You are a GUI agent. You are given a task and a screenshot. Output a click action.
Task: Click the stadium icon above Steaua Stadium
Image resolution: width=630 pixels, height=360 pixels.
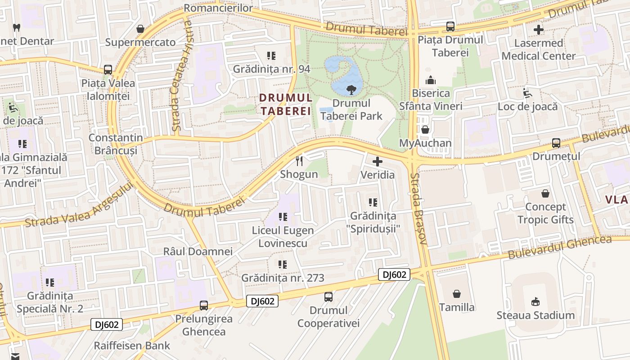[x=535, y=301]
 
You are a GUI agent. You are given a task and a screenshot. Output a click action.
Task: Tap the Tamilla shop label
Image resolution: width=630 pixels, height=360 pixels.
[x=457, y=307]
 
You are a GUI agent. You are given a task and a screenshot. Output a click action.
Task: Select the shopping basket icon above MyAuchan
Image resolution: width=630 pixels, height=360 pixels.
[x=425, y=130]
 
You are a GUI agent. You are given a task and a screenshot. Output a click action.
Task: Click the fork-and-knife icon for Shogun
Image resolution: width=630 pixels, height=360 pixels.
[x=299, y=161]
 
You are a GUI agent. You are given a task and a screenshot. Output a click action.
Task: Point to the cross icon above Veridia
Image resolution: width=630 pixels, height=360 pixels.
[x=378, y=161]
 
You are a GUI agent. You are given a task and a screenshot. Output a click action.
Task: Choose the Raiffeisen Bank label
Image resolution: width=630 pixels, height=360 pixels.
[x=132, y=346]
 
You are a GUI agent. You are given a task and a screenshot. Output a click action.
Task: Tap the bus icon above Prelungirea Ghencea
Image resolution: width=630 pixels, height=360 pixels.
[x=204, y=306]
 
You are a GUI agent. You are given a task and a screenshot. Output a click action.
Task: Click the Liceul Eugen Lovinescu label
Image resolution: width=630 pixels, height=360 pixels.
[x=283, y=237]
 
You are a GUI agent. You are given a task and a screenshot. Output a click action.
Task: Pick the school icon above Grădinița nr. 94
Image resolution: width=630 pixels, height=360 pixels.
[x=271, y=56]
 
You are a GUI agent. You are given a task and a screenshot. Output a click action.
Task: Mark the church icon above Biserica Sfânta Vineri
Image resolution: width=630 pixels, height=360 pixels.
[x=431, y=80]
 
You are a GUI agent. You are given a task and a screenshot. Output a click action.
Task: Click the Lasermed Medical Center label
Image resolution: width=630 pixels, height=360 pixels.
[x=539, y=49]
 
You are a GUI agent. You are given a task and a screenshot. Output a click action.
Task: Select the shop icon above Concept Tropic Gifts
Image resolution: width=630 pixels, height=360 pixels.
[x=545, y=193]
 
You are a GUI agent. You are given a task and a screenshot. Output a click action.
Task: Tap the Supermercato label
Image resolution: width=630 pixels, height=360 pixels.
[x=140, y=42]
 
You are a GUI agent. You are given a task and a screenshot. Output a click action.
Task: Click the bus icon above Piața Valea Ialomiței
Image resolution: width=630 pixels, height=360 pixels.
[x=108, y=70]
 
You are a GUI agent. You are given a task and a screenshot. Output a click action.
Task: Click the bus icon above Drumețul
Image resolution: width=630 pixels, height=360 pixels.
[x=556, y=143]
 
